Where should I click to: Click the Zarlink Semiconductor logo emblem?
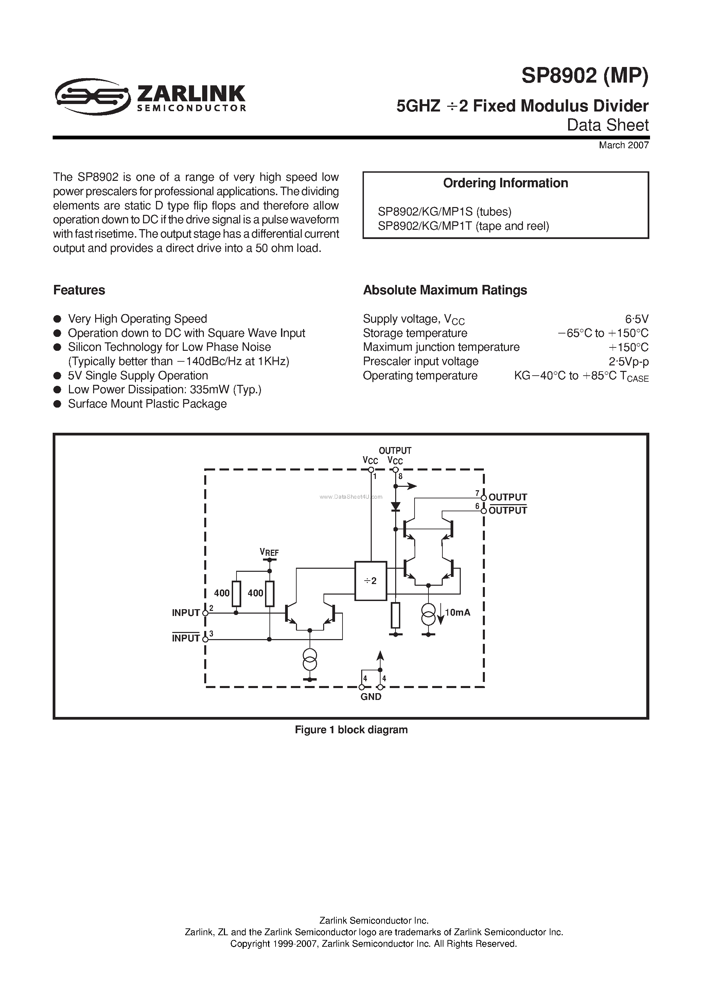(92, 96)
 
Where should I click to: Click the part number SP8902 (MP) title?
(584, 76)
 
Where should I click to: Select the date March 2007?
(623, 145)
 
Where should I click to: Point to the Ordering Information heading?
(505, 183)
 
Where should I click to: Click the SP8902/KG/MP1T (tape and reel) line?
(463, 226)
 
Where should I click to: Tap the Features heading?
(79, 290)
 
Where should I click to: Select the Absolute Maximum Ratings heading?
(445, 290)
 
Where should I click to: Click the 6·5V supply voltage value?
(637, 319)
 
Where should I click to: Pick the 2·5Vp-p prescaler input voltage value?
(628, 361)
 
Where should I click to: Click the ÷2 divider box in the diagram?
(370, 581)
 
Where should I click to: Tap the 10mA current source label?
(457, 612)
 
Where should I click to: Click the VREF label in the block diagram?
(269, 552)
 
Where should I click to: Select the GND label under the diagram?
(371, 697)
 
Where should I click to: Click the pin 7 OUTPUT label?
(507, 497)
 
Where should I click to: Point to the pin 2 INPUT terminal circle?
(205, 613)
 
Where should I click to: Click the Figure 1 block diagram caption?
(351, 730)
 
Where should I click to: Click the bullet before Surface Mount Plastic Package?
(57, 404)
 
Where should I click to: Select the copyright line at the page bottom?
(373, 944)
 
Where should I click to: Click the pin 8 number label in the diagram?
(400, 477)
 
